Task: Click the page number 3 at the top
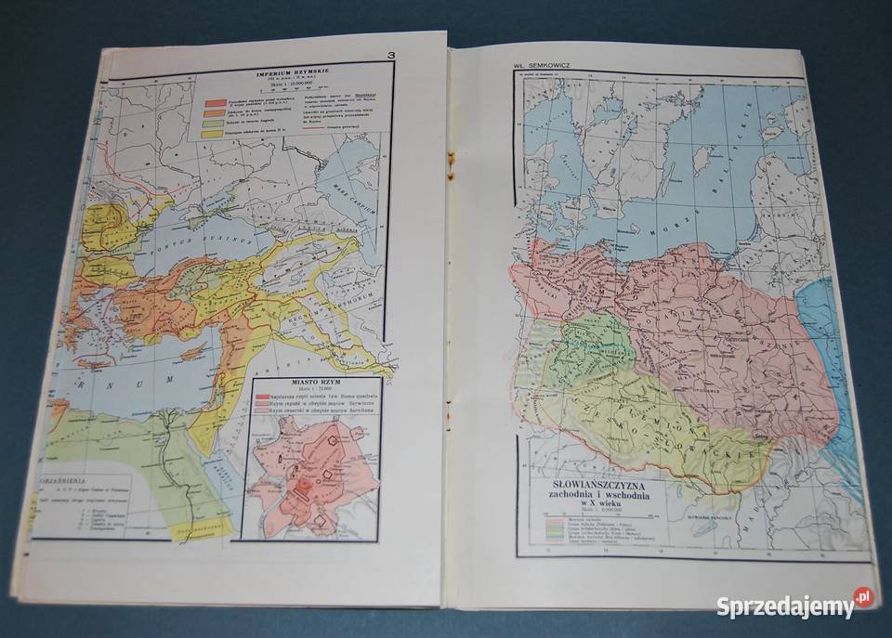pyautogui.click(x=392, y=56)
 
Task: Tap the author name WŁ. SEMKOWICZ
pyautogui.click(x=539, y=66)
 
